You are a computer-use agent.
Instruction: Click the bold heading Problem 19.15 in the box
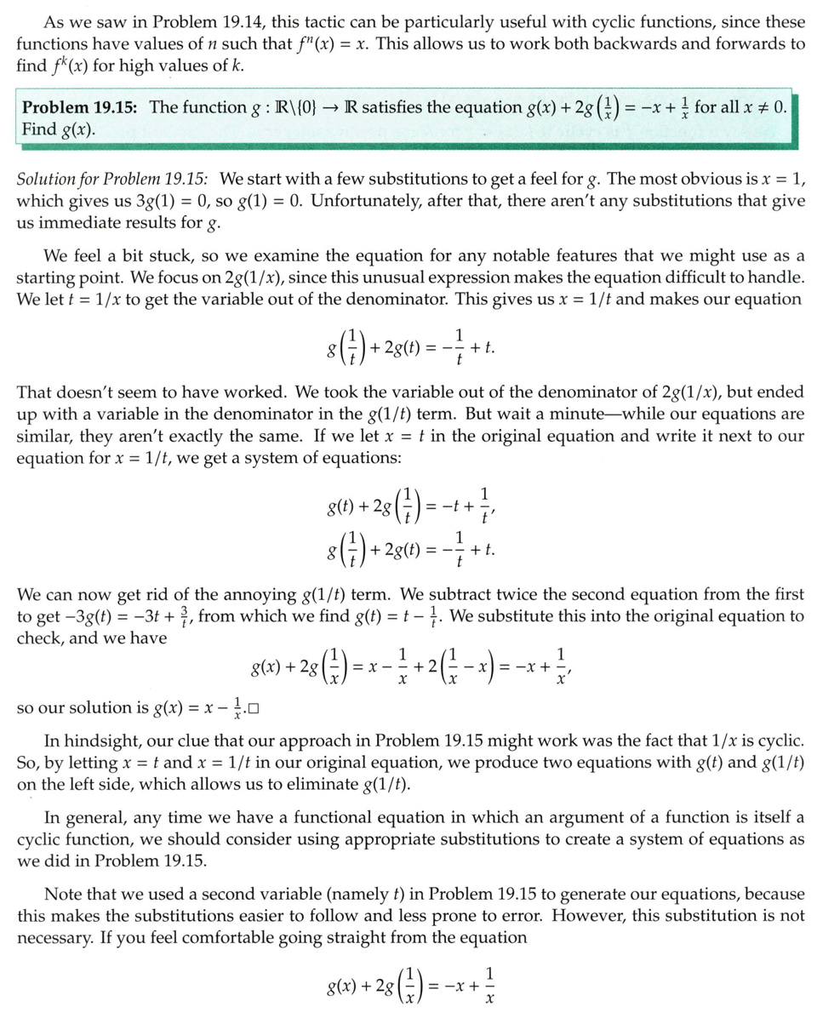[x=81, y=107]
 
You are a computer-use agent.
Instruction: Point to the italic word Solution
[x=48, y=180]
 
